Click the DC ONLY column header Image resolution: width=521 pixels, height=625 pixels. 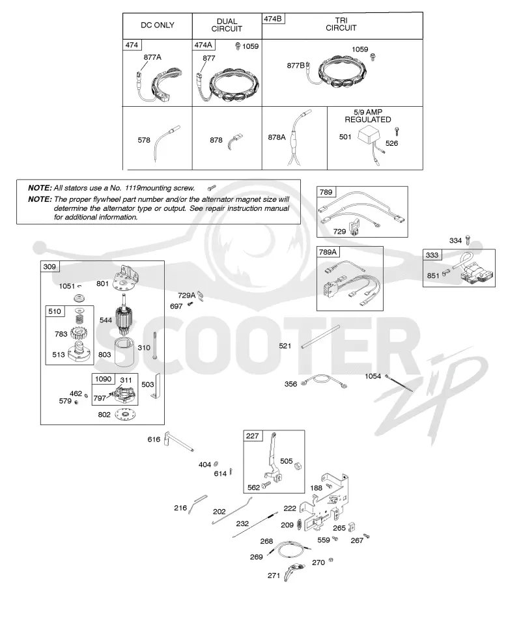[x=158, y=25]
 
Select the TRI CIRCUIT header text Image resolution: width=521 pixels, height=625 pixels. [x=341, y=24]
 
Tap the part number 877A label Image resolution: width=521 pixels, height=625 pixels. [x=152, y=57]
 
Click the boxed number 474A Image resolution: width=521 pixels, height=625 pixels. [x=203, y=45]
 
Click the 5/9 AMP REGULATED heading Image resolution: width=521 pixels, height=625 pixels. [x=368, y=116]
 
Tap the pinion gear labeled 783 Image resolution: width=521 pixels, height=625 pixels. [x=79, y=332]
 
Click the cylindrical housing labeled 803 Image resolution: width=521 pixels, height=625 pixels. [x=126, y=352]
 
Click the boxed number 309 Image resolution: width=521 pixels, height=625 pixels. [x=50, y=267]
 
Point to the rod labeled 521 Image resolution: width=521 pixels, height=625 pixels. [x=320, y=337]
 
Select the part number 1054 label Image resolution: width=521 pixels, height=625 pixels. [x=373, y=376]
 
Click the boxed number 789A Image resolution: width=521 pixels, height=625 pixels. [x=328, y=252]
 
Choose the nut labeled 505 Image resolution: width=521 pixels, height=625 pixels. [x=298, y=465]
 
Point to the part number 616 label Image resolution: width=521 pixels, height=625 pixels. [x=154, y=439]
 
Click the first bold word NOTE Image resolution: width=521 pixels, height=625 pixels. [x=40, y=187]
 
